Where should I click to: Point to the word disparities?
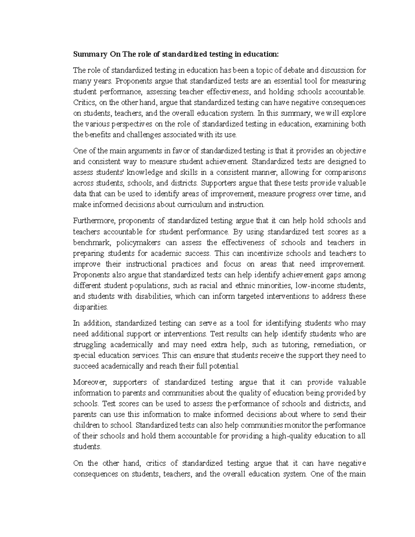[x=91, y=307]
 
